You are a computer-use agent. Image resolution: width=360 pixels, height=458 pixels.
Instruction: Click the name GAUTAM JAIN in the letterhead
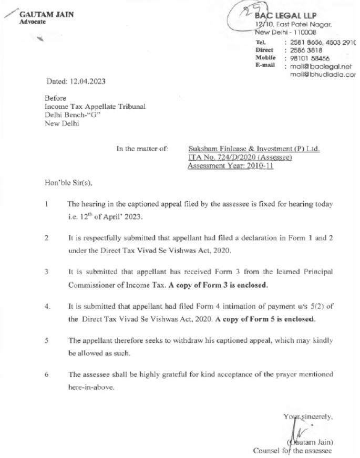click(46, 14)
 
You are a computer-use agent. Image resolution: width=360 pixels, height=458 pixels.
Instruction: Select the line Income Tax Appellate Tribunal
click(95, 107)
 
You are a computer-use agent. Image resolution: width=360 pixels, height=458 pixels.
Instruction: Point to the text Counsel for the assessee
click(292, 451)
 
